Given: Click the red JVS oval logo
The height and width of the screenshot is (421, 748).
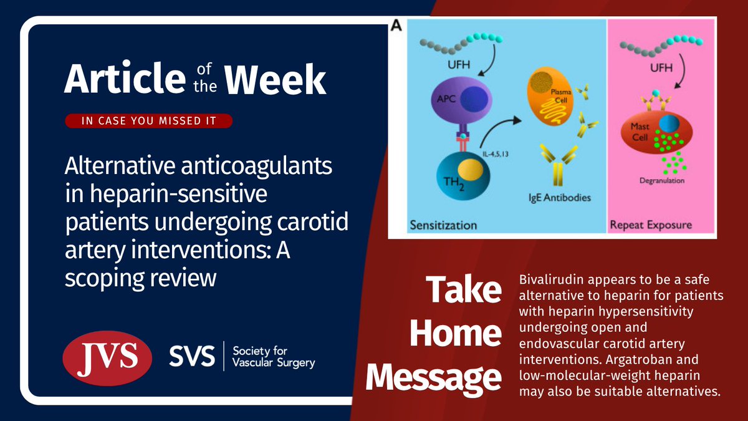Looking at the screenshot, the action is pos(107,358).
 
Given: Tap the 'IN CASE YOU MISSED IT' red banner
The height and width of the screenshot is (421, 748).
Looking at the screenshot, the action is pos(148,120).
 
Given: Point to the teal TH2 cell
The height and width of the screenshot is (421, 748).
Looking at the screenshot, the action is pos(463,176).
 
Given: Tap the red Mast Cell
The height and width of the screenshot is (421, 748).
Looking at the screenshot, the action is pos(656,132).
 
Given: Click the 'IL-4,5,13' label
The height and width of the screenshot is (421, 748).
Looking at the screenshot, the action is pos(495,154).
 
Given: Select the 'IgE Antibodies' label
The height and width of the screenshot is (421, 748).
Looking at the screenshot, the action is pos(560,198).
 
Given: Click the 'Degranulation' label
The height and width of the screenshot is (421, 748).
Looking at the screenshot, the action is pos(662,180).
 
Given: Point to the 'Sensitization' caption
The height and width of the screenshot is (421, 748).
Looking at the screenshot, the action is pos(443,225).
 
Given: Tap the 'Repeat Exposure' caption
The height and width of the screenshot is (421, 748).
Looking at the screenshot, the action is pos(651,225).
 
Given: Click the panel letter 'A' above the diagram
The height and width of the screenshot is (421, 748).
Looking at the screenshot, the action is pos(396,26).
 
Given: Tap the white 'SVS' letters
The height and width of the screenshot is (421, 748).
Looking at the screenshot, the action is pos(192,356).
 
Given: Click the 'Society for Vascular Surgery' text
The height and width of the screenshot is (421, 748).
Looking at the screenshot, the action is pos(274,357).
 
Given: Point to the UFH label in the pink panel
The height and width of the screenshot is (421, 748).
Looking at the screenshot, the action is pos(661,68).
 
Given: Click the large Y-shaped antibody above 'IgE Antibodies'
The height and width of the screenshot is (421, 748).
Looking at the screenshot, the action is pos(558,165).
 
